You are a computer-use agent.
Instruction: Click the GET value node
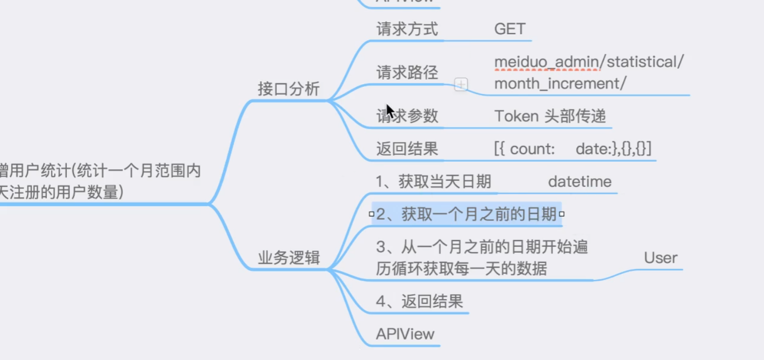click(509, 29)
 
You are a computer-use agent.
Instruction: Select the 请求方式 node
click(407, 29)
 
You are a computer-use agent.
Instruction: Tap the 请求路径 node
click(407, 73)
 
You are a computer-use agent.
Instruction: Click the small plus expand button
click(461, 85)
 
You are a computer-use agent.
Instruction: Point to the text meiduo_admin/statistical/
click(588, 62)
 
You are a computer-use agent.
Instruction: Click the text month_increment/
click(560, 84)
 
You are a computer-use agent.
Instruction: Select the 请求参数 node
click(407, 116)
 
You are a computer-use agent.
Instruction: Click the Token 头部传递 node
click(550, 116)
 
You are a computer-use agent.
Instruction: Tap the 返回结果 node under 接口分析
click(407, 149)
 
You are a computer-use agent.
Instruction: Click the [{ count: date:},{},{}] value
click(573, 149)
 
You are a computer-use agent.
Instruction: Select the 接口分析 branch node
click(288, 89)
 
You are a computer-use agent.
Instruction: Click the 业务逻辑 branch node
click(288, 258)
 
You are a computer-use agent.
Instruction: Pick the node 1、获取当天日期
click(433, 182)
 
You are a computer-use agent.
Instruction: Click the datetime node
click(580, 182)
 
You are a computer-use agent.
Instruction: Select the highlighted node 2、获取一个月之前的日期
click(466, 214)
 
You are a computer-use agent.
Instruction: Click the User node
click(660, 258)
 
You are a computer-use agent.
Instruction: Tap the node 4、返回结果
click(419, 302)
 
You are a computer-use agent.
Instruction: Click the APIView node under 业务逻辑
click(405, 334)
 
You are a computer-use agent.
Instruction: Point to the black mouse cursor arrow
click(390, 110)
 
